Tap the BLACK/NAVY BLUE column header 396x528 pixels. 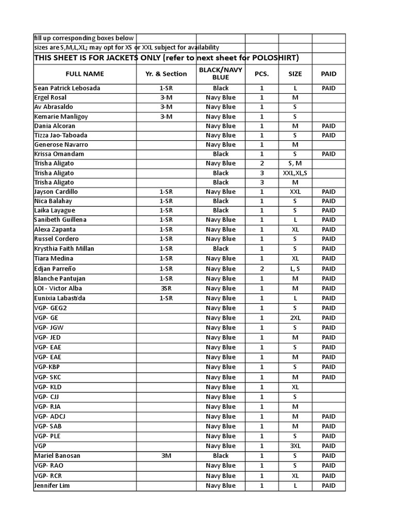[220, 73]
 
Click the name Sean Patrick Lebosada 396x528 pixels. [67, 88]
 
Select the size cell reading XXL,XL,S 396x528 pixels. [295, 173]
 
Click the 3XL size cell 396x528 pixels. [295, 446]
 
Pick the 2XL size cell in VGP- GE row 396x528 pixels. [295, 318]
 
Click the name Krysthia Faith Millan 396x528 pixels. [64, 249]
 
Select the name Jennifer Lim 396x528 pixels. [52, 486]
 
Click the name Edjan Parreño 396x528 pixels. [55, 269]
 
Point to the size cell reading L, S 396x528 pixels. [295, 269]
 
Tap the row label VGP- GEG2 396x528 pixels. [51, 308]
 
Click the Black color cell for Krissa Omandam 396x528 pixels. [220, 154]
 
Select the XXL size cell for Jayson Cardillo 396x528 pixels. [295, 192]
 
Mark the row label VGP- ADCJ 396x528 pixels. [50, 417]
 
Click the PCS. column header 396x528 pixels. [261, 74]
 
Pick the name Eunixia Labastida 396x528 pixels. [60, 298]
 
